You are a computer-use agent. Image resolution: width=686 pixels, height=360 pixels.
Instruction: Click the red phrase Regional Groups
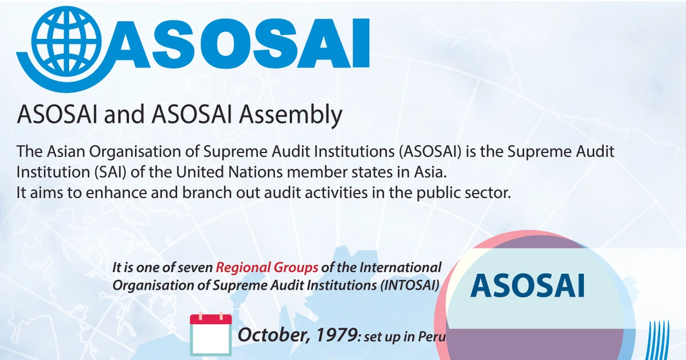pyautogui.click(x=266, y=267)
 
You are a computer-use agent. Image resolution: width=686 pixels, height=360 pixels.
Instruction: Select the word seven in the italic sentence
pyautogui.click(x=195, y=267)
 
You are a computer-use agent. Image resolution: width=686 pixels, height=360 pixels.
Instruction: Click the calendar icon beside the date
pyautogui.click(x=210, y=334)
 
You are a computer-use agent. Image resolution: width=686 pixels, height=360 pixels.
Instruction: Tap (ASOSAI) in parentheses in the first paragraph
pyautogui.click(x=436, y=152)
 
